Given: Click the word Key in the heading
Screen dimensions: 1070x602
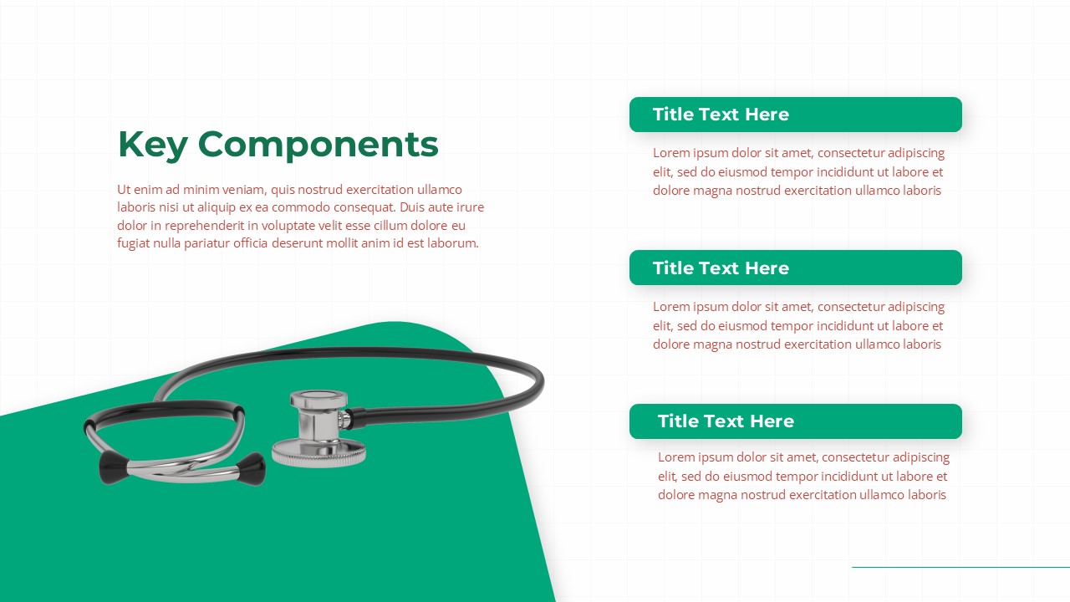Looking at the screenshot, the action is pyautogui.click(x=152, y=145).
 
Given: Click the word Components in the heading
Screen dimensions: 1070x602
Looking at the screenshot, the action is pyautogui.click(x=318, y=145).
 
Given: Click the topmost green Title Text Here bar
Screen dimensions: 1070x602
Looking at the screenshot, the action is pyautogui.click(x=795, y=115).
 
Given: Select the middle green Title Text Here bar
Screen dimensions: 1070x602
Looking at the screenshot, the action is pyautogui.click(x=795, y=268).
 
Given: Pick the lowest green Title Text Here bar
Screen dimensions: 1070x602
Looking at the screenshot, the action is pyautogui.click(x=795, y=421).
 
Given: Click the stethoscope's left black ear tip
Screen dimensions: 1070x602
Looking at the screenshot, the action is pyautogui.click(x=113, y=467).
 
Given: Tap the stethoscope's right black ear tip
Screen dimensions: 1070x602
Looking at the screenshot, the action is pyautogui.click(x=252, y=469).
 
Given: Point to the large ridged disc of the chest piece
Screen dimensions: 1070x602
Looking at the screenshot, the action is pyautogui.click(x=318, y=453).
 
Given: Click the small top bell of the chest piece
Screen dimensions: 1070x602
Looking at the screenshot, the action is pyautogui.click(x=318, y=399).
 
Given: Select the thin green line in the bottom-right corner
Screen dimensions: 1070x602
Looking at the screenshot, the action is pyautogui.click(x=960, y=567).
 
